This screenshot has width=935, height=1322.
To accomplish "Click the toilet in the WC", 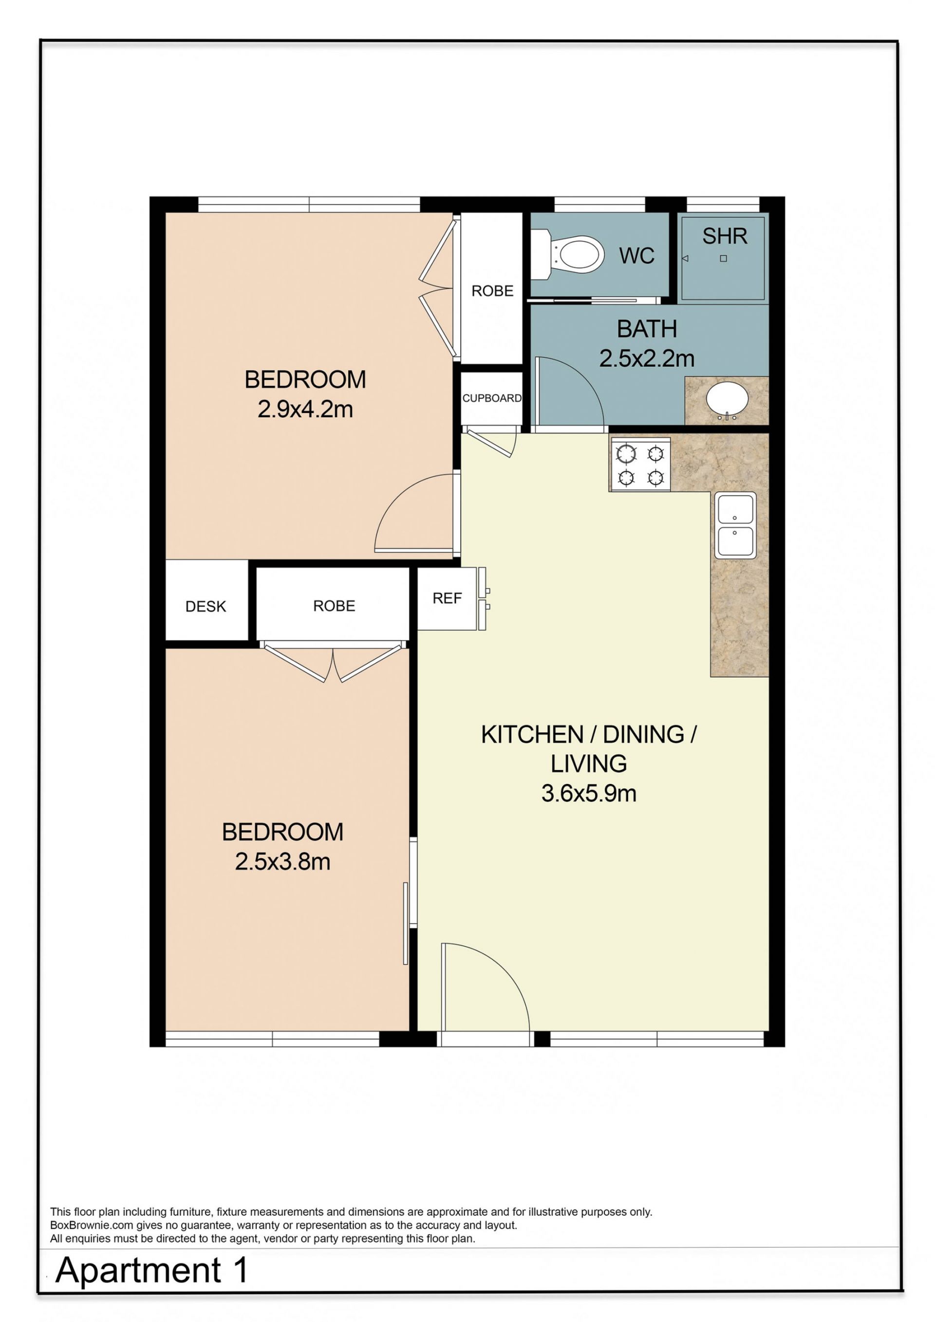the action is pyautogui.click(x=567, y=254).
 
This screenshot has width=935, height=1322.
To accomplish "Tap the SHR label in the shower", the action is pyautogui.click(x=724, y=236).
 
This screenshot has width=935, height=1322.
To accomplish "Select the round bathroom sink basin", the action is pyautogui.click(x=727, y=399).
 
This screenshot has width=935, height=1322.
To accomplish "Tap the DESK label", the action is pyautogui.click(x=206, y=606).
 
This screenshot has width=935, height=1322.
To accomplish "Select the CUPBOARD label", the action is pyautogui.click(x=492, y=398).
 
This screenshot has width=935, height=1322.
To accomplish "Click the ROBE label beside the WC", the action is pyautogui.click(x=492, y=291).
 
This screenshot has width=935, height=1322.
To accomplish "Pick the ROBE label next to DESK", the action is pyautogui.click(x=334, y=606).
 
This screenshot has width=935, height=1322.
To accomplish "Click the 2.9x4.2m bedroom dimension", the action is pyautogui.click(x=305, y=410).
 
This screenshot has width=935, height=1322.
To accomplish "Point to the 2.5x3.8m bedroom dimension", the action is pyautogui.click(x=282, y=862).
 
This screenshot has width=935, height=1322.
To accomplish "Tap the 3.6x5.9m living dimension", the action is pyautogui.click(x=588, y=793).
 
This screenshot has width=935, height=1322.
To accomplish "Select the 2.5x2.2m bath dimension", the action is pyautogui.click(x=647, y=359).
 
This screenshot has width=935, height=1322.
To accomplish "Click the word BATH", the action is pyautogui.click(x=647, y=329).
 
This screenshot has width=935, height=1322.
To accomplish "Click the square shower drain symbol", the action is pyautogui.click(x=723, y=259).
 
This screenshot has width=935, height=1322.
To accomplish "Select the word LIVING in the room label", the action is pyautogui.click(x=588, y=763).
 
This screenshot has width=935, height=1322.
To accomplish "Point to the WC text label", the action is pyautogui.click(x=637, y=256).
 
